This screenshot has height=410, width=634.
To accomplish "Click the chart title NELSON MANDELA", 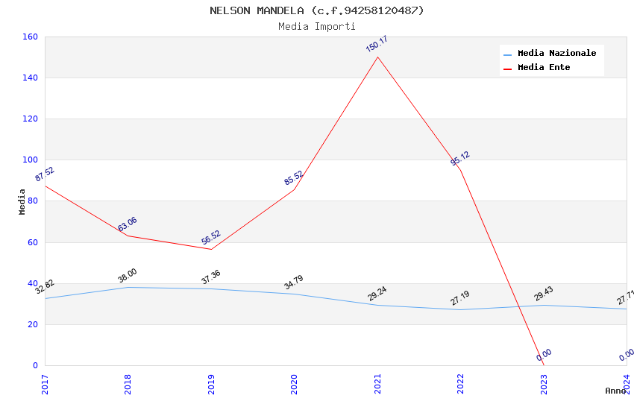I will click(x=317, y=10).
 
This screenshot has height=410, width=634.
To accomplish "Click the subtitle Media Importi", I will click(x=317, y=26).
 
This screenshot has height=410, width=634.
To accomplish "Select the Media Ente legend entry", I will click(x=544, y=68).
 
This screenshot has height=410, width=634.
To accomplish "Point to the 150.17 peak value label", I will click(x=377, y=44).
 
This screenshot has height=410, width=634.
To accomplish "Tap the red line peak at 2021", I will click(x=377, y=57).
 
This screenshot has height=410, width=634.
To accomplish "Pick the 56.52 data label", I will click(x=211, y=238).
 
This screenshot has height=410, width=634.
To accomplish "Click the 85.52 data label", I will click(x=294, y=178).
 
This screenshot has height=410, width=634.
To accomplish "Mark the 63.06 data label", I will click(x=128, y=224).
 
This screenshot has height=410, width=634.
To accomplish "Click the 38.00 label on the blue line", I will click(x=128, y=276).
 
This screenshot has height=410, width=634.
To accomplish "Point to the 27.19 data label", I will click(x=460, y=298).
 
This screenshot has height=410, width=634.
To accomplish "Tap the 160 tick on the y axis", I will click(x=31, y=37).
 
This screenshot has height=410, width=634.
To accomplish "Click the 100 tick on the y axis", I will click(x=31, y=160).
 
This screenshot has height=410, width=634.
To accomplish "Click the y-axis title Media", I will click(x=22, y=201).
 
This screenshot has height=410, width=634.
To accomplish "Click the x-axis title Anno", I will click(x=615, y=391).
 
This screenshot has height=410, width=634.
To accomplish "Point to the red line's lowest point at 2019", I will click(x=211, y=249).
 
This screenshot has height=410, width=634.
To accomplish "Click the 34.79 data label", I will click(x=294, y=283).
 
